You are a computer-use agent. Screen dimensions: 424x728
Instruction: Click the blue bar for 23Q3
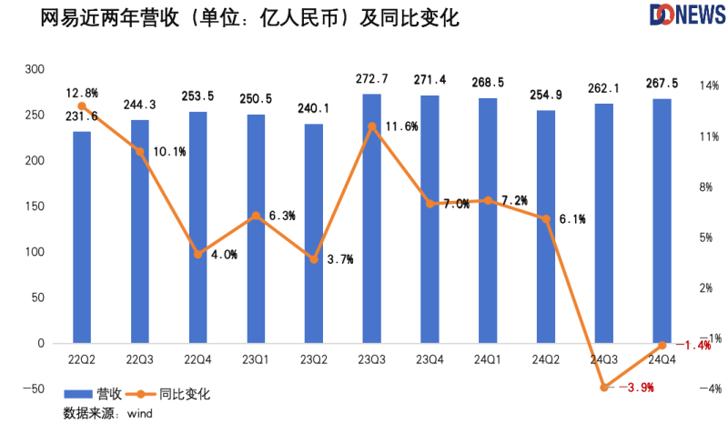click(x=371, y=218)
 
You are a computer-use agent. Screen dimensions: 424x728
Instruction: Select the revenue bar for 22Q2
click(x=82, y=237)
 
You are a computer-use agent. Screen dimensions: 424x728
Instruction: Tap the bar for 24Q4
click(x=662, y=221)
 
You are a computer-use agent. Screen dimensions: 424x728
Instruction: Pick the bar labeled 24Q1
click(x=488, y=220)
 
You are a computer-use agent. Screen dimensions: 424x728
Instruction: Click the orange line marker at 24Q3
click(x=604, y=387)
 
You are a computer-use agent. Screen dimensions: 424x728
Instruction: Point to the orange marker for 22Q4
click(x=198, y=254)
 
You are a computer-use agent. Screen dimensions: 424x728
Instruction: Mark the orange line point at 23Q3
click(x=371, y=126)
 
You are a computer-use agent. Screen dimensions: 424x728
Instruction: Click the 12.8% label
click(x=82, y=92)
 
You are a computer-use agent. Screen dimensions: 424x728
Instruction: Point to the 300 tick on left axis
click(x=35, y=69)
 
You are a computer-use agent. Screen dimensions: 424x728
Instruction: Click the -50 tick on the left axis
click(x=33, y=389)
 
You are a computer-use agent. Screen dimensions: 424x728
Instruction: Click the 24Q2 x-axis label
click(x=546, y=360)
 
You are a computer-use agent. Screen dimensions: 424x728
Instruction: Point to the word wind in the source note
click(x=139, y=414)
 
